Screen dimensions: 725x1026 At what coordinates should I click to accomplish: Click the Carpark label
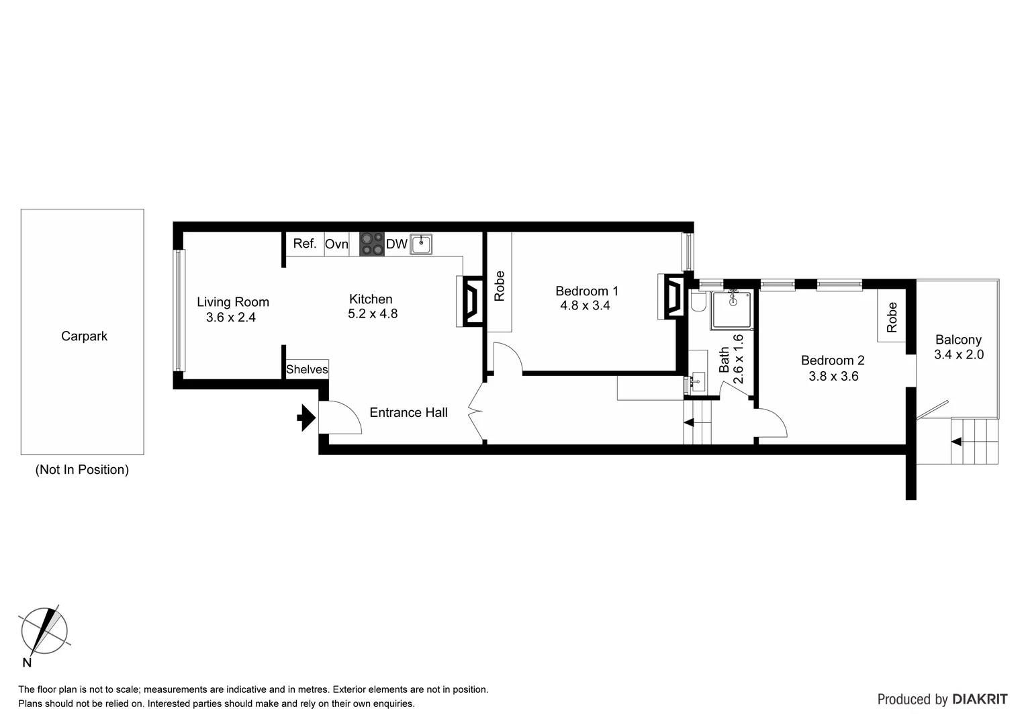tap(84, 336)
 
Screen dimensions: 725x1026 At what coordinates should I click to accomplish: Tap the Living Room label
tap(232, 302)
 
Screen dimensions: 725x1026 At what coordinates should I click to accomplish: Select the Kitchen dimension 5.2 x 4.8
tap(372, 314)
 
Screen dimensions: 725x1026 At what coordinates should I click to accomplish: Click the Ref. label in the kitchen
tap(304, 244)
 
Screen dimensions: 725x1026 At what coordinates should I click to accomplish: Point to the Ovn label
tap(336, 244)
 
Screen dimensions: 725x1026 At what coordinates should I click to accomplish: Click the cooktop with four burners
tap(371, 244)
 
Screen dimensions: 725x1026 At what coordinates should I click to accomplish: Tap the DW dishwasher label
tap(396, 244)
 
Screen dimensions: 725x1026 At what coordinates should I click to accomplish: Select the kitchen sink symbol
tap(421, 244)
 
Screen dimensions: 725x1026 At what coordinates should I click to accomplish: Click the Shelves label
tap(307, 370)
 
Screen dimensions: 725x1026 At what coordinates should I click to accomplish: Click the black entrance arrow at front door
tap(306, 418)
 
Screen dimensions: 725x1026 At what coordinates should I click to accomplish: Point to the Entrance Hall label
tap(408, 413)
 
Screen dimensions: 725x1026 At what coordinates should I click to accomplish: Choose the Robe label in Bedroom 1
tap(499, 285)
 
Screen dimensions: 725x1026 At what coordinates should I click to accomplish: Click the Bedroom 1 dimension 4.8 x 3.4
tap(585, 305)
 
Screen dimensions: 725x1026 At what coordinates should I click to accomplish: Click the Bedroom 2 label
tap(833, 360)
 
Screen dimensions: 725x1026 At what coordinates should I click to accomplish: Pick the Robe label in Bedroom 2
tap(891, 318)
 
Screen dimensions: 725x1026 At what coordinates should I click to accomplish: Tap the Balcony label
tap(958, 340)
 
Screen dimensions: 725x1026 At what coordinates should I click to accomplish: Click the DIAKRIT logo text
tap(980, 699)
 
